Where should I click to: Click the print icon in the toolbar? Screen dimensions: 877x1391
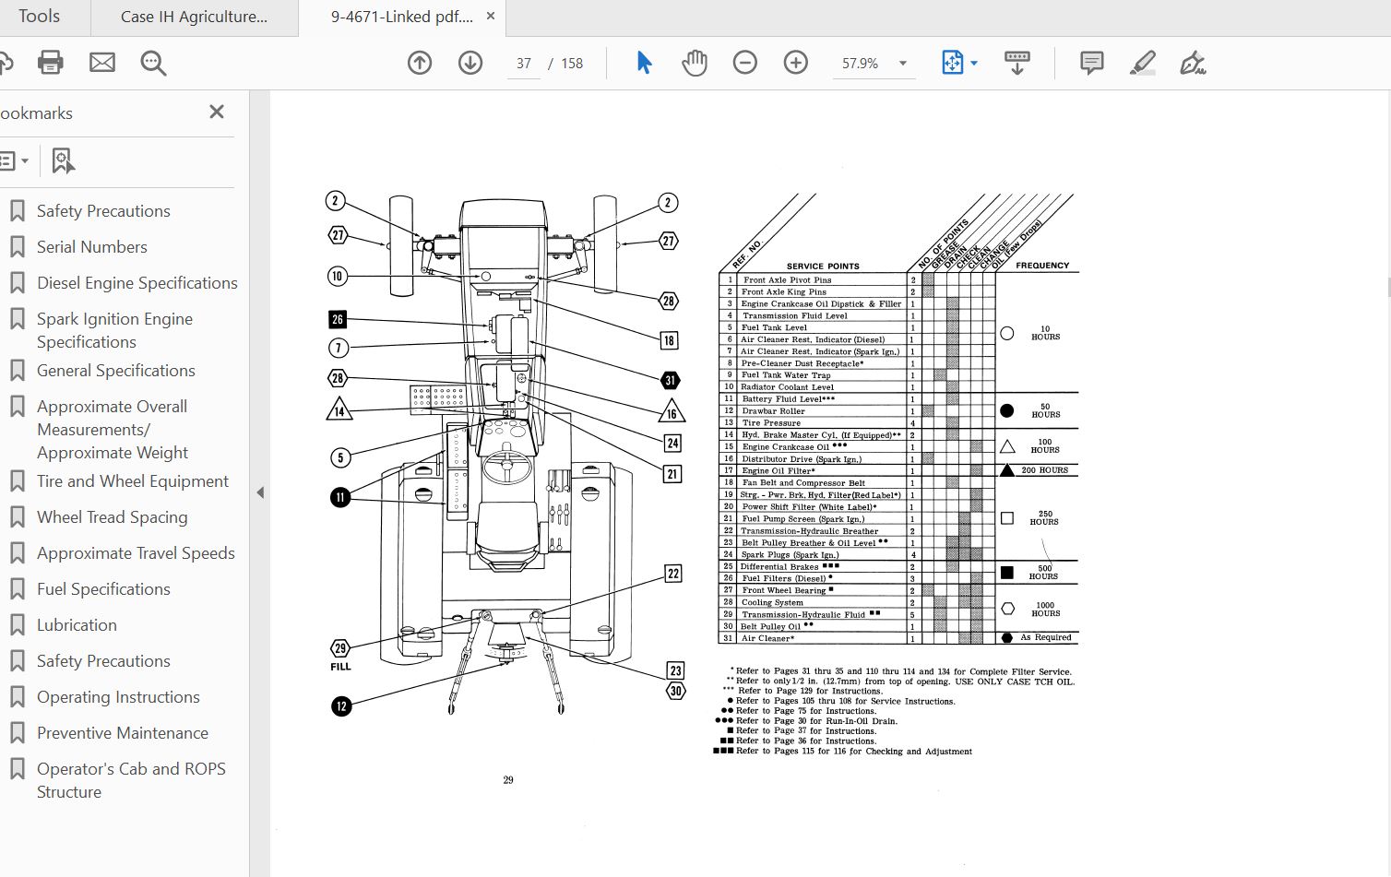pos(50,63)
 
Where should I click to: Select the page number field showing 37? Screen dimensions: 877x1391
pos(524,64)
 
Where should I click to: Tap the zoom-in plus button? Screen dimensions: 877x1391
pos(795,63)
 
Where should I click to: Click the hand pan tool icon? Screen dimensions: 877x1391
pos(694,63)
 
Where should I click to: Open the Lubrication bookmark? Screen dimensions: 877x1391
pos(77,625)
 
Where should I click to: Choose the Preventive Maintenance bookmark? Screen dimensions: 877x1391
pos(122,733)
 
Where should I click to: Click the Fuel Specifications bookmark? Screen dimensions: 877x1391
pos(103,589)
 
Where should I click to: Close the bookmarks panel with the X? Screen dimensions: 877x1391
pos(217,112)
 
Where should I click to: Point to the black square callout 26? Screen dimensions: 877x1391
pos(338,319)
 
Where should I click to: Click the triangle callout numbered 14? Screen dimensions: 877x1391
pos(339,410)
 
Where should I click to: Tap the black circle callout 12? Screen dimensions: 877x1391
pos(341,706)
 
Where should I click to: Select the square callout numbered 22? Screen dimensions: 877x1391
pos(673,574)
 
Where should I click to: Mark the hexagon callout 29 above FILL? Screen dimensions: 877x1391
pos(340,648)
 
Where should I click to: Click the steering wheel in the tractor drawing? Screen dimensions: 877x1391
pos(506,466)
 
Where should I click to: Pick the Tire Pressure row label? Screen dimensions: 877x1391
pos(771,423)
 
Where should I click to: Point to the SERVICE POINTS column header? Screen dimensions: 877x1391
pos(823,266)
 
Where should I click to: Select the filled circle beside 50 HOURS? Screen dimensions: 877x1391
pos(1007,410)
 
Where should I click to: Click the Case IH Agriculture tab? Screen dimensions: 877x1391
pos(194,17)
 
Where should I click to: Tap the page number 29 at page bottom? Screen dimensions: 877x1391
pos(508,780)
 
